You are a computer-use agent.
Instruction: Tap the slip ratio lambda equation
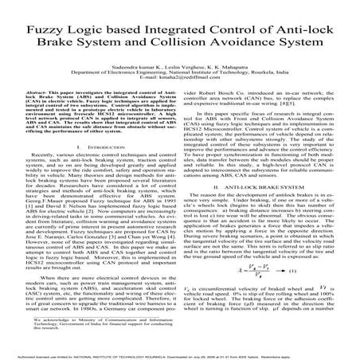pyautogui.click(x=240, y=272)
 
